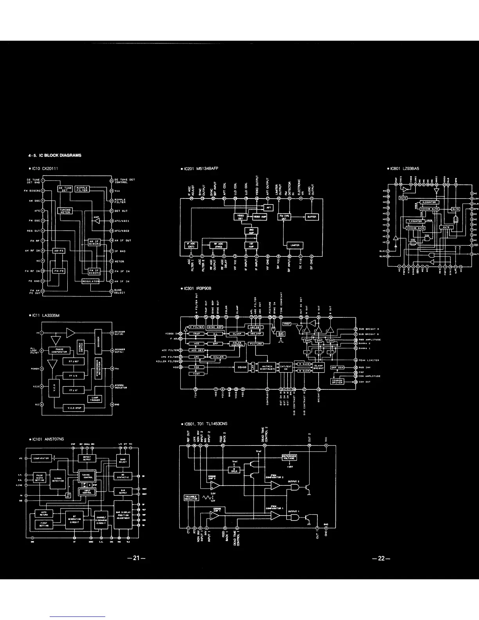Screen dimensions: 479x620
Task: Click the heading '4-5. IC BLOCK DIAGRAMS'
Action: pos(55,155)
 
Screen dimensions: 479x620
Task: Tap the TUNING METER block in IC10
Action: pos(65,211)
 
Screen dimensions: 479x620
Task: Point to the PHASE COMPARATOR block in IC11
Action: pos(59,351)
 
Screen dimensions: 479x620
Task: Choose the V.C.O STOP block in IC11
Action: pos(74,408)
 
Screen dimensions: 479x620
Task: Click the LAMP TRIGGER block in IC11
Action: pos(95,399)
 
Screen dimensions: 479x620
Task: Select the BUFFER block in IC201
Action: pos(312,216)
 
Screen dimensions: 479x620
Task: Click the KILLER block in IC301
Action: pos(219,357)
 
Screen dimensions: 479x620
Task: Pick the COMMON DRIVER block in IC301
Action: pos(337,381)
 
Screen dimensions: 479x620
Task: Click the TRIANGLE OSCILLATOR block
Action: pos(191,497)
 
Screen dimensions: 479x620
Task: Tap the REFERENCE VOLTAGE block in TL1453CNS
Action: pos(290,457)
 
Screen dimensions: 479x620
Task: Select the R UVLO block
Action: pos(234,470)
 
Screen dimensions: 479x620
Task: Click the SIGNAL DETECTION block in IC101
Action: pos(58,480)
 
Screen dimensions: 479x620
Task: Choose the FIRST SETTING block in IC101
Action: pos(44,524)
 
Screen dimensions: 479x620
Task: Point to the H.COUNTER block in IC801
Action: pos(429,202)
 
